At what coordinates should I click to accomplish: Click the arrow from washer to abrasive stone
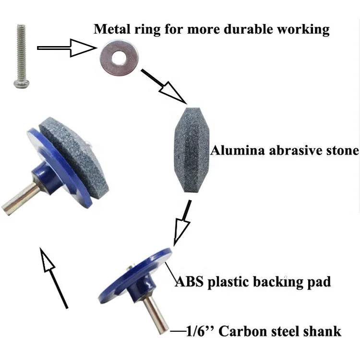click(164, 86)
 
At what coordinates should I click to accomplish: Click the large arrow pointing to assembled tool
click(55, 276)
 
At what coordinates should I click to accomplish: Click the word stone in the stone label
click(342, 150)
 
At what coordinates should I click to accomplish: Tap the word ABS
click(189, 281)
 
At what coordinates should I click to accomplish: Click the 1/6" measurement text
click(198, 331)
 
